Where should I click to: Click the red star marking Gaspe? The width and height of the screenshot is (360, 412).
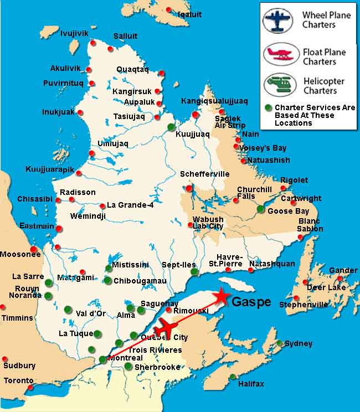tap(222, 296)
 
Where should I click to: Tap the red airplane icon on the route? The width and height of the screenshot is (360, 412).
tap(167, 327)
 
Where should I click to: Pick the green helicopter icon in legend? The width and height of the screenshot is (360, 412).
tap(279, 85)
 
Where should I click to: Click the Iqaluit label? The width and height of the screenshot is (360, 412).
tap(189, 14)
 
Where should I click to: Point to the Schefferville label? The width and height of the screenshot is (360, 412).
tap(204, 174)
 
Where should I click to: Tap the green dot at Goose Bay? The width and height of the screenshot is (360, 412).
tap(261, 209)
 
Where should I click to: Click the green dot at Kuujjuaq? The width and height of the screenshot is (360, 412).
tap(171, 127)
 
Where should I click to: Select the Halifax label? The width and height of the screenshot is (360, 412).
tap(251, 384)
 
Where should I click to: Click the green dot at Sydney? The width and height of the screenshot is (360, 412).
tap(280, 343)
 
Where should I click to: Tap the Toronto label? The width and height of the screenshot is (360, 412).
tap(18, 380)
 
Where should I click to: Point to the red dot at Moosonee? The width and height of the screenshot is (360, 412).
tap(34, 249)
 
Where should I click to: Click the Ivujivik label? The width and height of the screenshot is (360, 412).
tap(74, 34)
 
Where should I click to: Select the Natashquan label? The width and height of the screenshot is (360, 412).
tap(272, 264)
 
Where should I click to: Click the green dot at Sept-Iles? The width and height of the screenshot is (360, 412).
tap(193, 272)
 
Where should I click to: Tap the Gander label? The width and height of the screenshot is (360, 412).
tap(343, 270)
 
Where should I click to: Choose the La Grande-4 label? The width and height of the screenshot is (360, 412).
tap(130, 205)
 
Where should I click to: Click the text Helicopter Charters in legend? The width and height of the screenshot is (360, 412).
tap(324, 86)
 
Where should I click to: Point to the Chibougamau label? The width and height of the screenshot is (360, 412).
tap(140, 281)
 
